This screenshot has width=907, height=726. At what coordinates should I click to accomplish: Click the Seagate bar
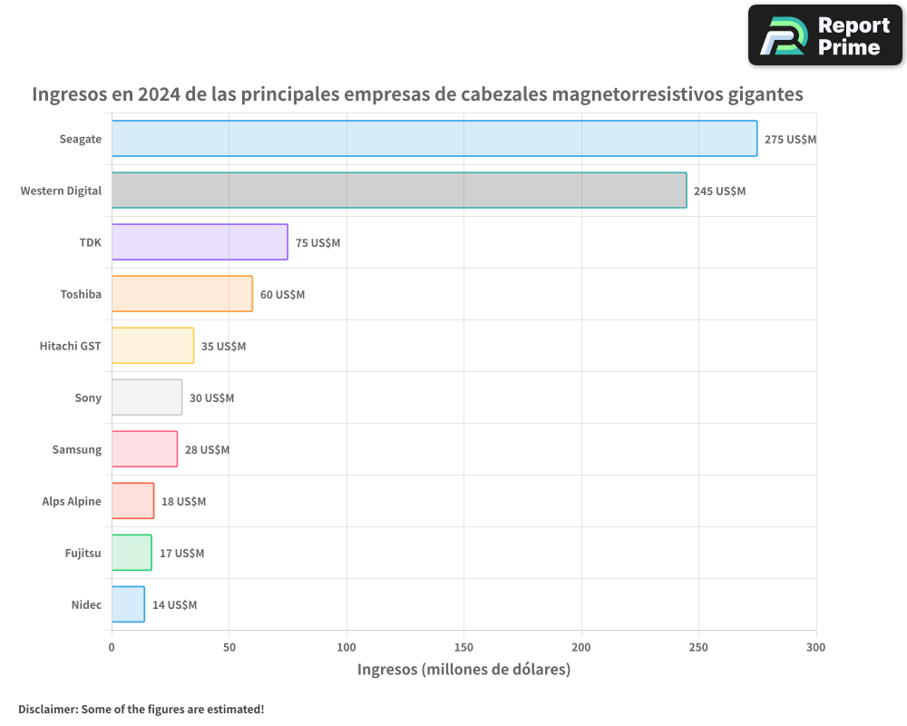click(x=434, y=139)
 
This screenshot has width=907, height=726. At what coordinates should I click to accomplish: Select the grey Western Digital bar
click(x=399, y=191)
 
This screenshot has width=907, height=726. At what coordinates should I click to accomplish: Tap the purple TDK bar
click(x=200, y=242)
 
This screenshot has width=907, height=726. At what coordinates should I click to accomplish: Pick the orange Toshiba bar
click(x=181, y=294)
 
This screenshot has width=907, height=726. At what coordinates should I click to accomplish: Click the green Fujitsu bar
click(x=132, y=553)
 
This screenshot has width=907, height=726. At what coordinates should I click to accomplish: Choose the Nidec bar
click(x=128, y=604)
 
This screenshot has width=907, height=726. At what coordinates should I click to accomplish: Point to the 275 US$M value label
click(x=790, y=140)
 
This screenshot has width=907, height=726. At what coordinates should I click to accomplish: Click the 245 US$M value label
click(x=719, y=191)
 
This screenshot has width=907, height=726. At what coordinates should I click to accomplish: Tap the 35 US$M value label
click(x=223, y=347)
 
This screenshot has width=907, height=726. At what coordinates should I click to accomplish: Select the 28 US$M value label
click(x=207, y=450)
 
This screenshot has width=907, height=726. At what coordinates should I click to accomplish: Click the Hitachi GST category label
click(x=70, y=346)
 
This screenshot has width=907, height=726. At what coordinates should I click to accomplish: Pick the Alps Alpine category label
click(x=72, y=501)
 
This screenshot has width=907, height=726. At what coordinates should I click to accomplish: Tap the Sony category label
click(x=88, y=397)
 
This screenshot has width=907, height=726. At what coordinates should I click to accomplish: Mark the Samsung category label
click(x=77, y=449)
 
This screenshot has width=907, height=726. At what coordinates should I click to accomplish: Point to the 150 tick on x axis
click(x=463, y=647)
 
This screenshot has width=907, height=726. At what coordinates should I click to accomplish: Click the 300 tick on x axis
click(x=815, y=647)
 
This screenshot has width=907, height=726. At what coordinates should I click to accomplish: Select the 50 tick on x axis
click(x=229, y=647)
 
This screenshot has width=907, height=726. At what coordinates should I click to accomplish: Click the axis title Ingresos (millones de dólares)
click(x=463, y=670)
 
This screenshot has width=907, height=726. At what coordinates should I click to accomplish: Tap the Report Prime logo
click(x=824, y=35)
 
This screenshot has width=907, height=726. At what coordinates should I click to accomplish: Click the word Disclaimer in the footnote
click(x=46, y=709)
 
